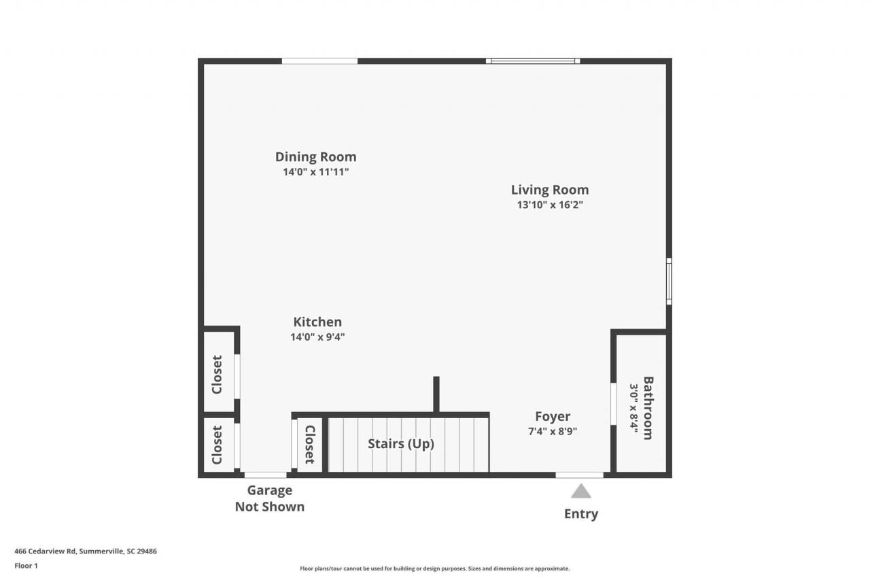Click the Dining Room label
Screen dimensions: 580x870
(x=315, y=157)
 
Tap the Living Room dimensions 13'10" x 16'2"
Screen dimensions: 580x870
(x=550, y=205)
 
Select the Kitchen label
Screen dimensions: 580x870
(x=317, y=322)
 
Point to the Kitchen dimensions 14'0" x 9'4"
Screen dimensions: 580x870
(x=317, y=337)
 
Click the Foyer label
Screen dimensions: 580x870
(x=553, y=417)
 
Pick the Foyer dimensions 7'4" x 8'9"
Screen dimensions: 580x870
(x=553, y=431)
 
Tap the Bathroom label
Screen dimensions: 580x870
(x=648, y=408)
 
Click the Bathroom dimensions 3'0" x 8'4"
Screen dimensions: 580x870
(x=634, y=408)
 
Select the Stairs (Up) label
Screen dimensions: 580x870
(x=401, y=444)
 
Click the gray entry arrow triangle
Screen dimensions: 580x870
(x=580, y=491)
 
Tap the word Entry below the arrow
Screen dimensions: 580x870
(x=581, y=514)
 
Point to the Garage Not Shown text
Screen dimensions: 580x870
(x=270, y=498)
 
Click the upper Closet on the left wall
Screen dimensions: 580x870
(x=217, y=374)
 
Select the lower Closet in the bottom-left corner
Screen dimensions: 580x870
(x=217, y=445)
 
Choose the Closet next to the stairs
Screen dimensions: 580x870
(x=310, y=445)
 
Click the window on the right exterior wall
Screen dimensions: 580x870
(x=669, y=282)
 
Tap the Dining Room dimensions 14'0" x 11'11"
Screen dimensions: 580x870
(x=315, y=172)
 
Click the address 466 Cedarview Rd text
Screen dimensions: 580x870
(x=86, y=551)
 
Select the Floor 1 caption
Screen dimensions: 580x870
(x=26, y=566)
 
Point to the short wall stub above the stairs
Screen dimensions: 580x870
(x=436, y=394)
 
